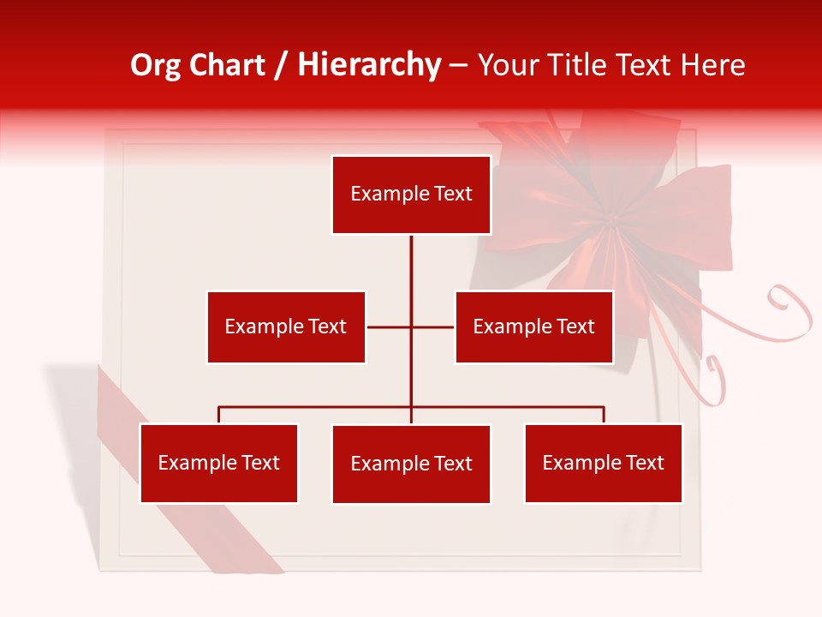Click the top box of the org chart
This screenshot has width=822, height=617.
pyautogui.click(x=411, y=195)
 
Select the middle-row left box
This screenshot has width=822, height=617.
pyautogui.click(x=286, y=326)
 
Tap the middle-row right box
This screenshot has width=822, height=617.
pyautogui.click(x=533, y=326)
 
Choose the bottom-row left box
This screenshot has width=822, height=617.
pyautogui.click(x=218, y=463)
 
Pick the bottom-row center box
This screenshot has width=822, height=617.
pyautogui.click(x=411, y=464)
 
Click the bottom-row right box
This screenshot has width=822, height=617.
pyautogui.click(x=603, y=463)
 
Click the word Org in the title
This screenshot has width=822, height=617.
pyautogui.click(x=155, y=65)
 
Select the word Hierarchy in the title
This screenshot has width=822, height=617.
pyautogui.click(x=369, y=65)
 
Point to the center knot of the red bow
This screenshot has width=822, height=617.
pyautogui.click(x=611, y=221)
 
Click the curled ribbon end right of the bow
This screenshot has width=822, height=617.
pyautogui.click(x=792, y=308)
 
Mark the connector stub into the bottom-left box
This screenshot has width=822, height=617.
pyautogui.click(x=219, y=415)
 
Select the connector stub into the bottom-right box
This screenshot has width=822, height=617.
pyautogui.click(x=604, y=415)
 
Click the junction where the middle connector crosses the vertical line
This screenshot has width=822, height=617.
pyautogui.click(x=411, y=326)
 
